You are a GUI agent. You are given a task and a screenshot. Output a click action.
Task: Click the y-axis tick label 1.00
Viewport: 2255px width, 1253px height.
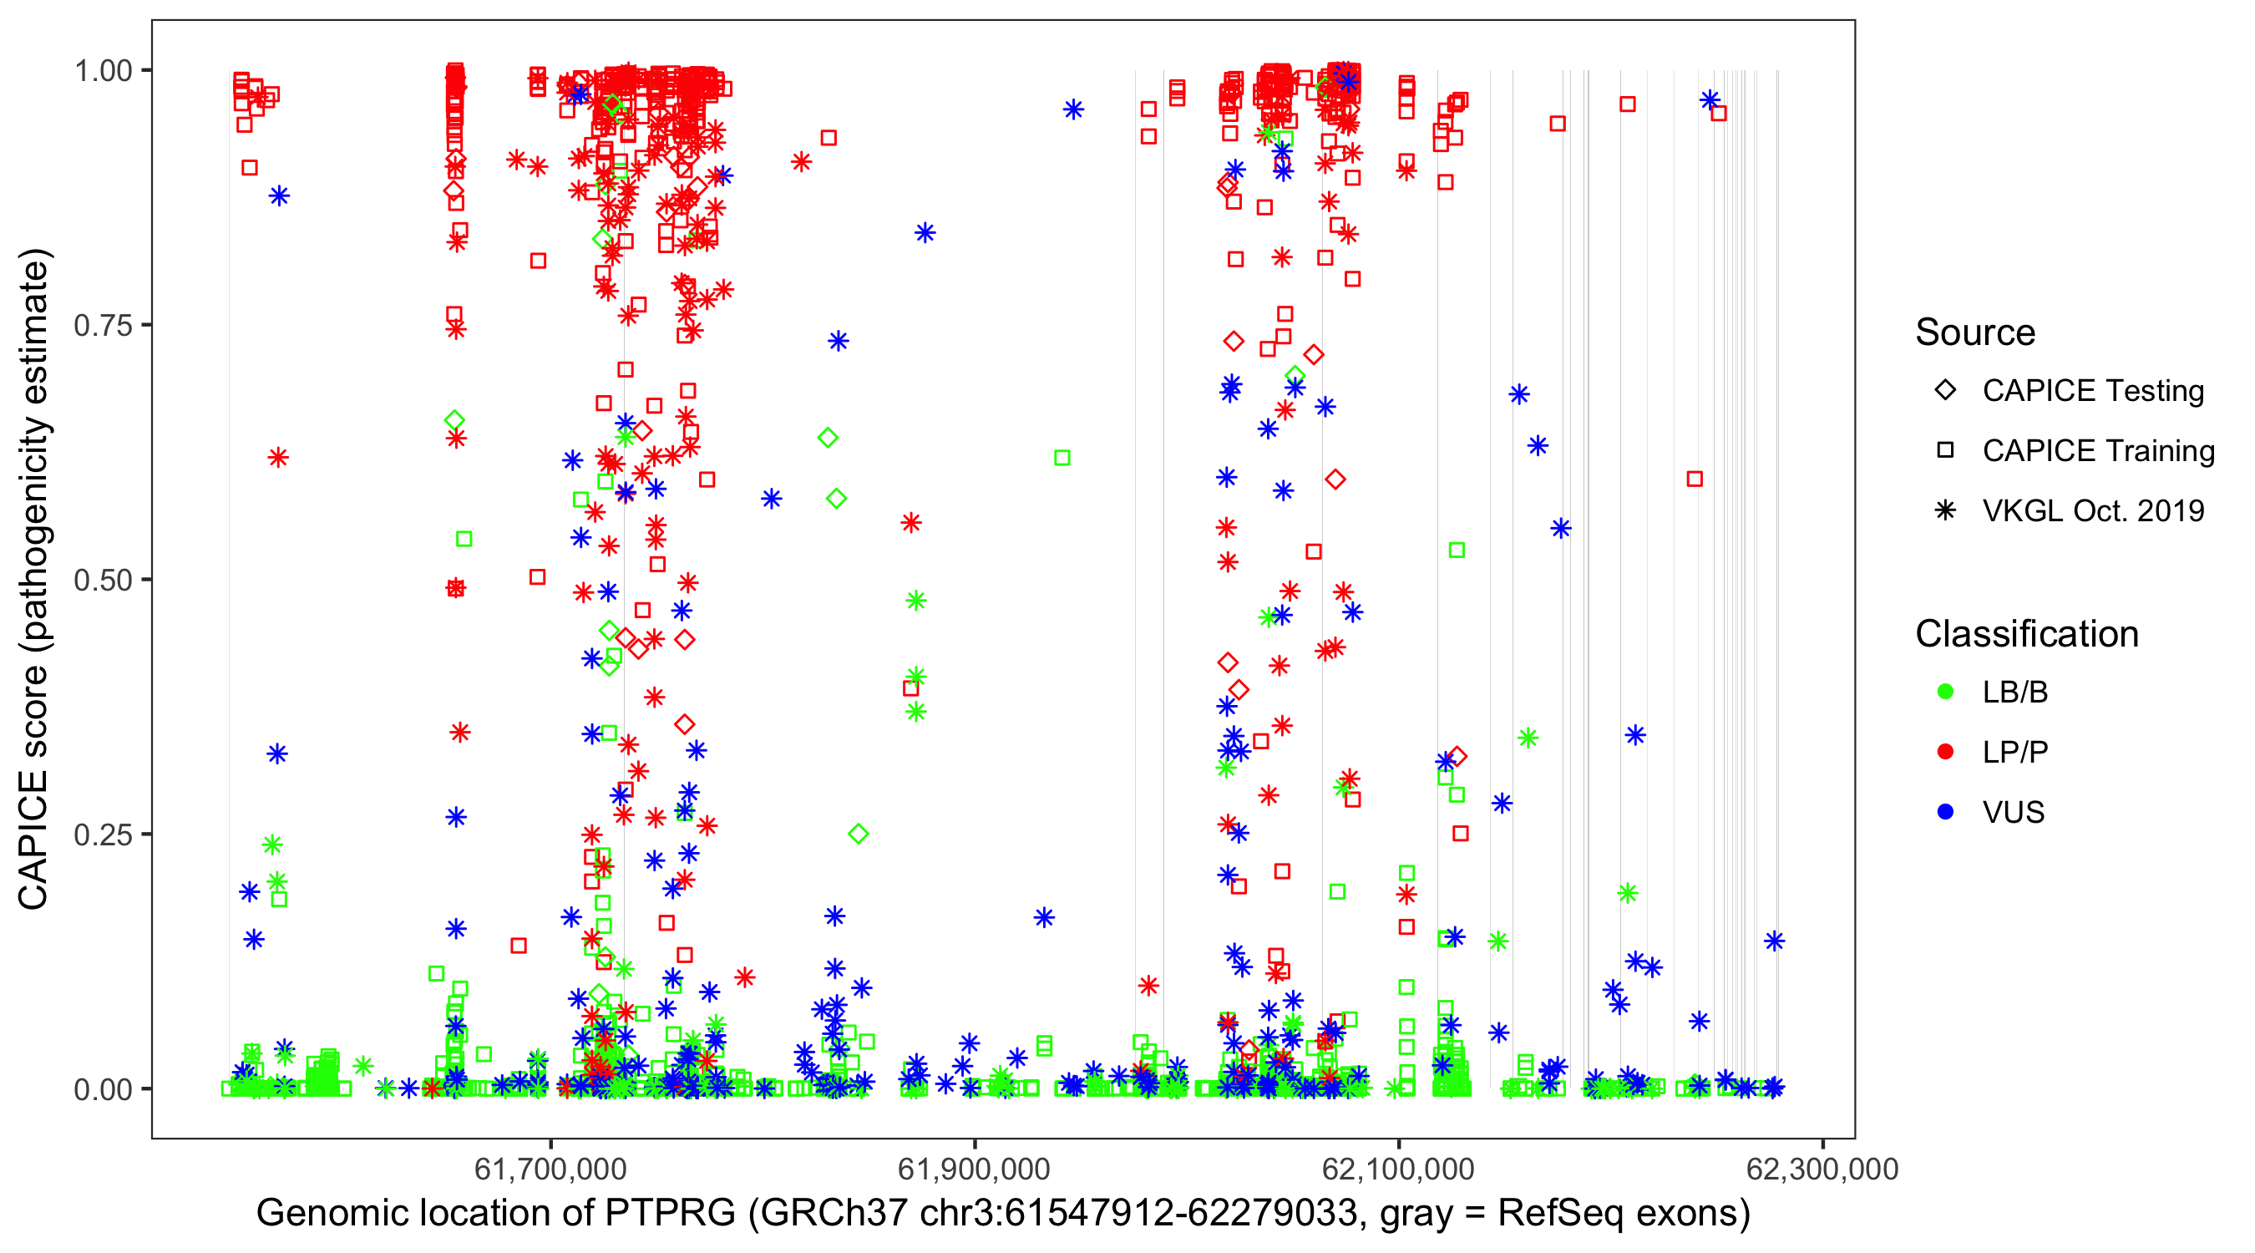click(x=103, y=70)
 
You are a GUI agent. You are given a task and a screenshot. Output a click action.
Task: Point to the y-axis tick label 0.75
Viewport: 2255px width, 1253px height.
click(x=103, y=325)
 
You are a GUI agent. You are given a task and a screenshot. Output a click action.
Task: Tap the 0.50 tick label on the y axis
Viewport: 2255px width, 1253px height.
click(x=103, y=580)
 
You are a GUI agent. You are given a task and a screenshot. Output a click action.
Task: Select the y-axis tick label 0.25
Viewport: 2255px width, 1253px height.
click(x=103, y=834)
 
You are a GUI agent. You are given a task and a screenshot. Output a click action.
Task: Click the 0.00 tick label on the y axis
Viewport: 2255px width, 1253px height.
click(x=103, y=1089)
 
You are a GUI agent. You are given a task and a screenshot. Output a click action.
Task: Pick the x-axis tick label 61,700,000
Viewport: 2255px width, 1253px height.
click(x=550, y=1169)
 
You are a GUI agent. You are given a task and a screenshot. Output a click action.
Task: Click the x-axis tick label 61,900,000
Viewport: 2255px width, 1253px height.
click(x=975, y=1169)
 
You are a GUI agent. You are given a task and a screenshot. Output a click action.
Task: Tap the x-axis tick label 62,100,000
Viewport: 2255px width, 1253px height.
click(x=1399, y=1169)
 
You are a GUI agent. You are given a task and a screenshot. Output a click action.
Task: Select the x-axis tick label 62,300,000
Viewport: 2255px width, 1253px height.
click(x=1822, y=1169)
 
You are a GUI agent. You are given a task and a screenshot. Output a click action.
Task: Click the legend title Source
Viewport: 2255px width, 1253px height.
click(x=1975, y=332)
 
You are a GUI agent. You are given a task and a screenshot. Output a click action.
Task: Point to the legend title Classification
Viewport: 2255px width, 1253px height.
click(x=2026, y=634)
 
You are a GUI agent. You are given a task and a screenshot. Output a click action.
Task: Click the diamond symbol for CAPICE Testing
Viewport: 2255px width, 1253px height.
click(x=1945, y=391)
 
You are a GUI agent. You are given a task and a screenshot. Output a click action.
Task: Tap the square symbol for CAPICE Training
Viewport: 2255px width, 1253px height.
click(x=1945, y=451)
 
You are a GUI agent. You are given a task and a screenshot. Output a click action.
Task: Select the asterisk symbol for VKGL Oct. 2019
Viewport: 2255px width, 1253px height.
click(x=1945, y=510)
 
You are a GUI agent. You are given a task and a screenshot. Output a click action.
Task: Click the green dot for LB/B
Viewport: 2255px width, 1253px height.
click(x=1945, y=692)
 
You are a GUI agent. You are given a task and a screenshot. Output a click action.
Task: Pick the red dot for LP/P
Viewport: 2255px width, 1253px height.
click(x=1945, y=752)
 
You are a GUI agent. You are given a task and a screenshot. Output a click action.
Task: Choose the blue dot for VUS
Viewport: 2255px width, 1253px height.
click(x=1945, y=813)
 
